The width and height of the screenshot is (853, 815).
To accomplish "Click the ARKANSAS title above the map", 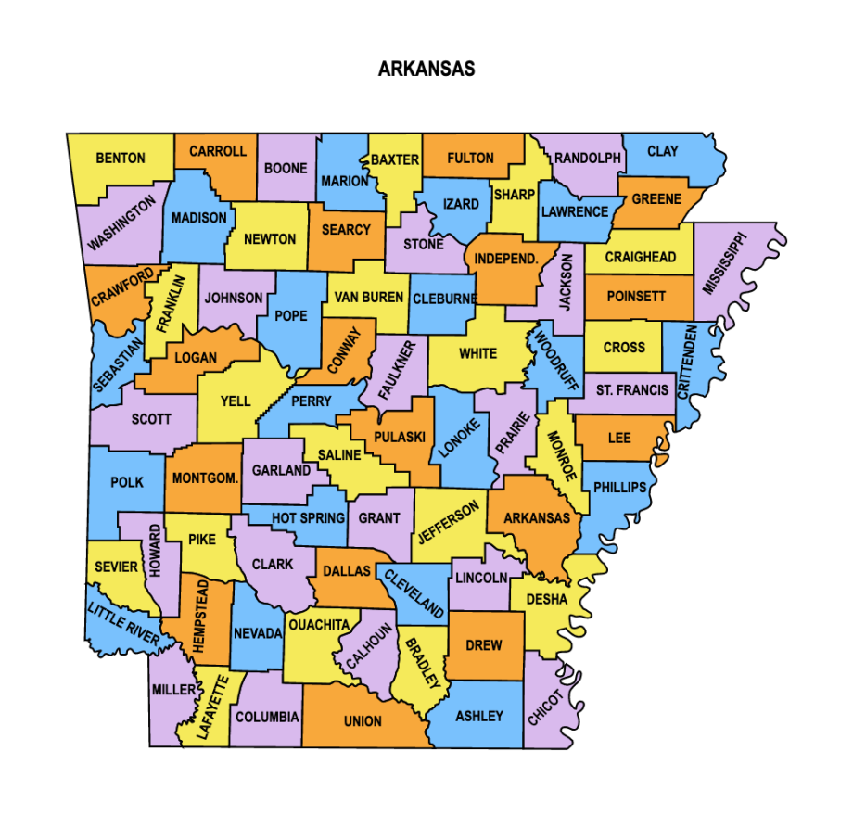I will pos(426,70).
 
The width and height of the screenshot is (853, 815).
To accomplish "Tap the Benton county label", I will pos(121,159).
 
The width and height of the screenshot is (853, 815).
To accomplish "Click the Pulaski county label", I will pos(400,437).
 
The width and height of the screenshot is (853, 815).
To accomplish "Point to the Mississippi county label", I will pos(724,263).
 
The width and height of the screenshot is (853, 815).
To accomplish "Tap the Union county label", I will pos(363,721).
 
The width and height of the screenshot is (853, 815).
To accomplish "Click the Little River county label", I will pos(123,621).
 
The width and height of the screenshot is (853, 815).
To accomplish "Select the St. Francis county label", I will pos(631,390).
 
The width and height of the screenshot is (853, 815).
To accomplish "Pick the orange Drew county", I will pos(484,645).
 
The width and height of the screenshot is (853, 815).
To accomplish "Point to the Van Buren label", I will pos(369,298).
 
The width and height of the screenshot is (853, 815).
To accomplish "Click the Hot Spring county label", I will pos(308,518).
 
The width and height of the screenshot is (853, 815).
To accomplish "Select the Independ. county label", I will pos(506,259).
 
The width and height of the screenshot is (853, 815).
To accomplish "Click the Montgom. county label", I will pos(205,478).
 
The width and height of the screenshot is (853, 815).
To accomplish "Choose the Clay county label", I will pos(662,152).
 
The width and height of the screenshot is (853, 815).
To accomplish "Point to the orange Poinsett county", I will pos(637,298).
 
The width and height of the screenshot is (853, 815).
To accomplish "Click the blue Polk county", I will pos(127,483).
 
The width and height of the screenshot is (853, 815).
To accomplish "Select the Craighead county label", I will pos(641,257).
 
